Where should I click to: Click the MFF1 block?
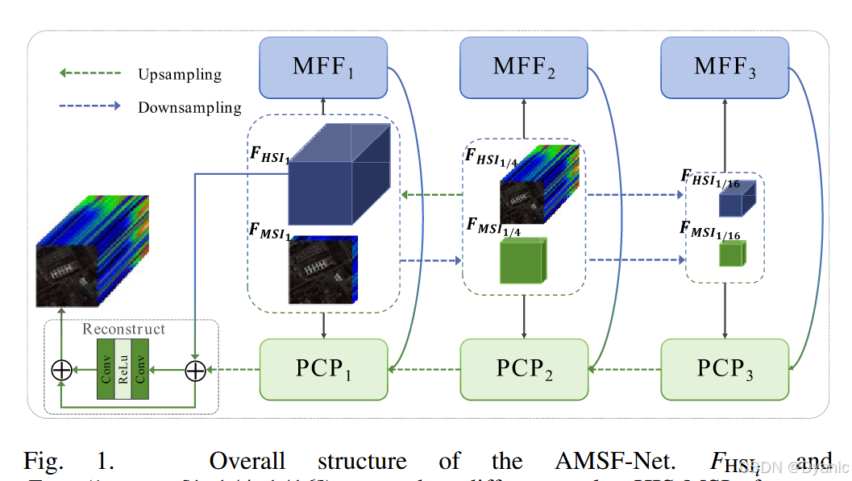coord(323,65)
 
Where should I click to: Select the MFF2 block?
coord(524,65)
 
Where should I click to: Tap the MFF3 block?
coord(725,65)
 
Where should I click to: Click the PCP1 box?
coord(323,369)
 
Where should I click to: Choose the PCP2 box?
coord(524,369)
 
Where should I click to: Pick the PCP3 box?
coord(725,369)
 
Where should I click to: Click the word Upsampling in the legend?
coord(179,75)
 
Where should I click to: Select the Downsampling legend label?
coord(189,107)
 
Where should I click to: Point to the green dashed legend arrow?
coord(89,74)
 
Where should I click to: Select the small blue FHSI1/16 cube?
coord(736,199)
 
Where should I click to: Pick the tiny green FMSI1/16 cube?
coord(733,255)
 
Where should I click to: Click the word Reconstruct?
coord(123,329)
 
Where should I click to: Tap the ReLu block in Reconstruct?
coord(123,369)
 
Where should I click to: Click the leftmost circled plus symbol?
coord(61,370)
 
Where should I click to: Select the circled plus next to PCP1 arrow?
coord(195,370)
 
